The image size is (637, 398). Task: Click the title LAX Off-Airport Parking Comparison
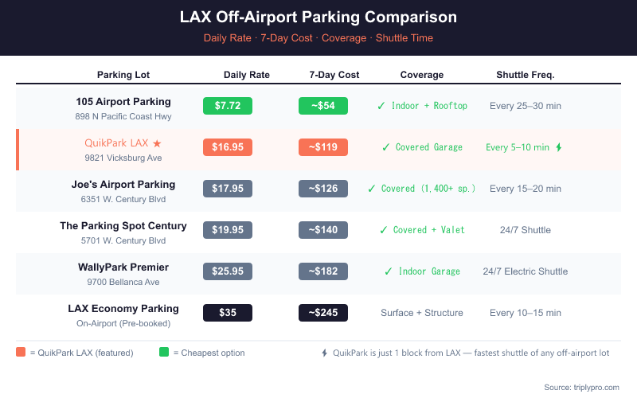point(318,17)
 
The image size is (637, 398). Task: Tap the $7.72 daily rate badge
point(228,106)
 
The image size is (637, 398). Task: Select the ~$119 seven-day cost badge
point(322,147)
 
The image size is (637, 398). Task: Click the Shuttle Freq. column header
point(525,75)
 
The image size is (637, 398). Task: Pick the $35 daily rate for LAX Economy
point(228,313)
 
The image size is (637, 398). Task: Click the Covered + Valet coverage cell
point(421,230)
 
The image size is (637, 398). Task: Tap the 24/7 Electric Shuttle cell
point(525,271)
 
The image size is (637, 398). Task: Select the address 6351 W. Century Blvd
point(123,199)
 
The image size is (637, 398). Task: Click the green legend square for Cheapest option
point(164,352)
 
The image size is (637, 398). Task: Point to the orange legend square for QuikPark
point(21,352)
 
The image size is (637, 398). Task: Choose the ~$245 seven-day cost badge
point(322,313)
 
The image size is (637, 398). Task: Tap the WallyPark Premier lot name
point(123,267)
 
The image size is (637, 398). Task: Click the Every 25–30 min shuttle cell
point(525,106)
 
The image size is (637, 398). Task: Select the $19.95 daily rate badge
point(228,230)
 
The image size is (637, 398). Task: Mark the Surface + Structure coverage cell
point(421,313)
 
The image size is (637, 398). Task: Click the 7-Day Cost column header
point(334,75)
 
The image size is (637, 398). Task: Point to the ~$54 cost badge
point(322,106)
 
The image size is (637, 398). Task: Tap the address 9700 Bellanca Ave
point(123,282)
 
